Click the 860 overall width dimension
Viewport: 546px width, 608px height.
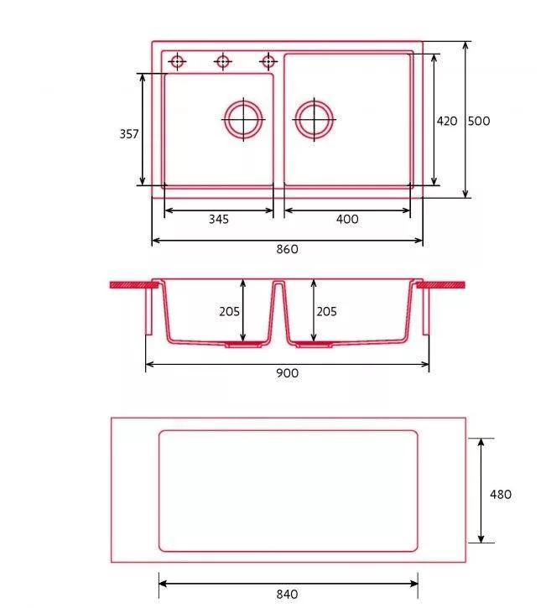[288, 249]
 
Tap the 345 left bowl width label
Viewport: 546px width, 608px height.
[219, 219]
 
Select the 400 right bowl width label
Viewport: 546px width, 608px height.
[347, 219]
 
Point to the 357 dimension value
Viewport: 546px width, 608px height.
[129, 134]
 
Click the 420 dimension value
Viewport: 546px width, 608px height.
[447, 121]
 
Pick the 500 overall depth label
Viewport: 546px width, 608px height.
[479, 121]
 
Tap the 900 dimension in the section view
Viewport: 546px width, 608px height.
[288, 373]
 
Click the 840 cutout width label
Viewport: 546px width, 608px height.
[288, 594]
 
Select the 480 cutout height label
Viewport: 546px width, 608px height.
[501, 495]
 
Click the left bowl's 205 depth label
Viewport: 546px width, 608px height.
[229, 311]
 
